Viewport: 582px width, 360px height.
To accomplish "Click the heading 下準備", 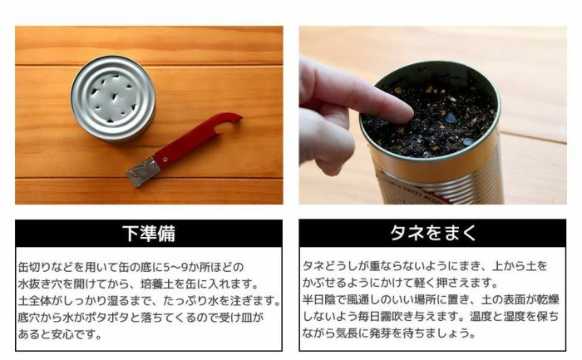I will (x=148, y=232).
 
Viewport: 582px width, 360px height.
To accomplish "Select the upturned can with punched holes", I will (x=112, y=98).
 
